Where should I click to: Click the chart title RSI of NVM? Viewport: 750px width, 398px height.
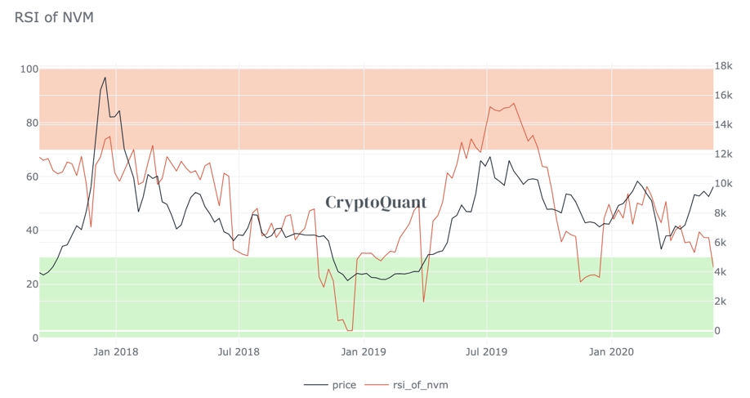pos(54,17)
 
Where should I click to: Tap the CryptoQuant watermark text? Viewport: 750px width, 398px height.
pos(376,202)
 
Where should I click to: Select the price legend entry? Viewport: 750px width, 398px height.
pos(330,384)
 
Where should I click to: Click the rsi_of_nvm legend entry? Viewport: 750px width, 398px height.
pos(413,384)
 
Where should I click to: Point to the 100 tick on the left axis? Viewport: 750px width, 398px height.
pos(28,69)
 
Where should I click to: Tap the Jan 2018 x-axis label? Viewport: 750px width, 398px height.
pos(116,352)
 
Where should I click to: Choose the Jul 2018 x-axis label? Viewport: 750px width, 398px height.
pos(239,352)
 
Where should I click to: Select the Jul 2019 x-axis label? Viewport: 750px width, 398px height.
pos(487,352)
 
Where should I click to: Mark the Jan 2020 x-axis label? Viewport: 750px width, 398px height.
pos(612,352)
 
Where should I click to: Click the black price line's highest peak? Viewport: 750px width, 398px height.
pos(105,77)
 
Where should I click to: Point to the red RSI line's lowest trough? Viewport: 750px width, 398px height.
pos(350,330)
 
